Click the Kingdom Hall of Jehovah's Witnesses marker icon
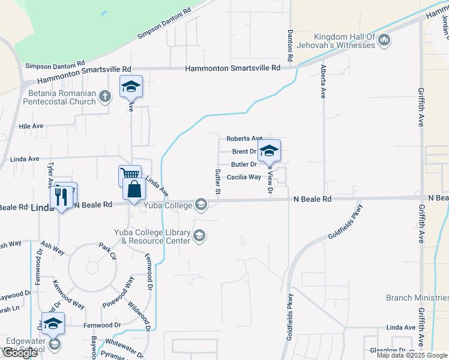click(384, 41)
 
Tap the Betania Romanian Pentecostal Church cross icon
click(105, 96)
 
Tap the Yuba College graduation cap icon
click(201, 206)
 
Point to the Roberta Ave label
click(245, 139)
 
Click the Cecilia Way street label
click(244, 177)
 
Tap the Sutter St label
click(218, 182)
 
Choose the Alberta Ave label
click(324, 82)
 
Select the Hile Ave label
click(31, 127)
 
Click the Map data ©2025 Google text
click(411, 355)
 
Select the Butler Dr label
click(244, 164)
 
